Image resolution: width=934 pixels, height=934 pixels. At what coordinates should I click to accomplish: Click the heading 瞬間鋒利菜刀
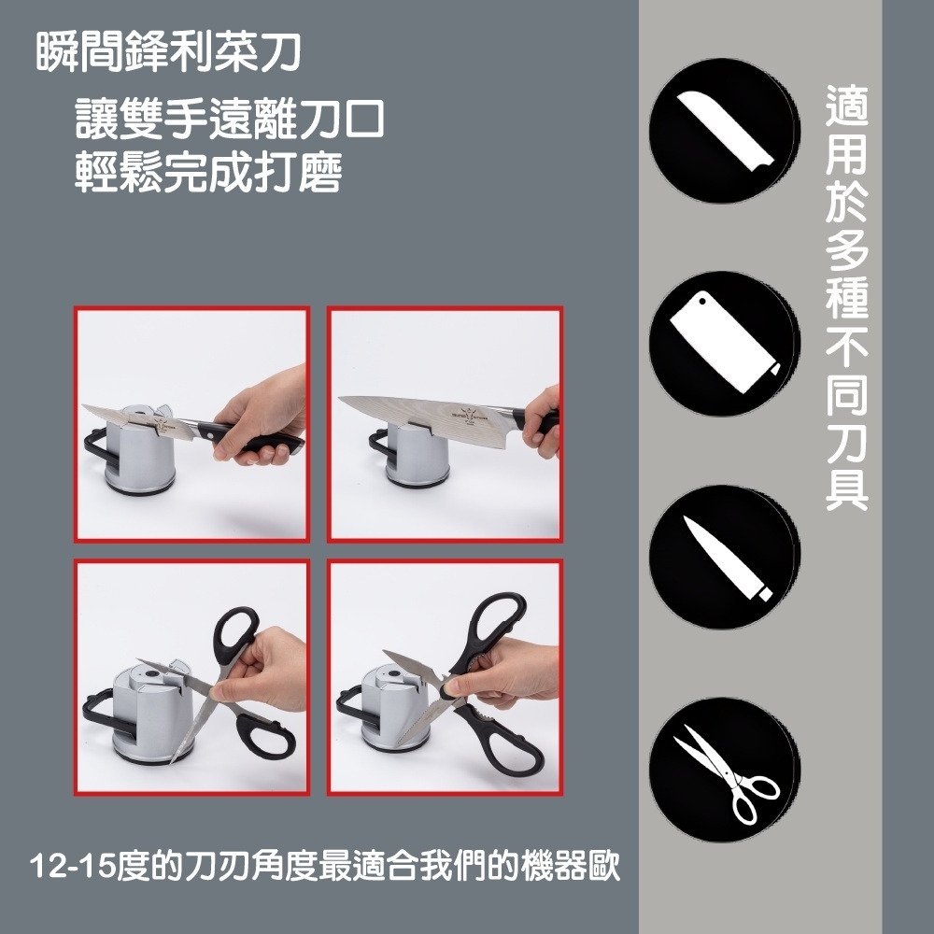pyautogui.click(x=168, y=52)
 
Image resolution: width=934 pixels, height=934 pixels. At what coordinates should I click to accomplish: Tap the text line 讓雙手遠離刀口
pyautogui.click(x=230, y=120)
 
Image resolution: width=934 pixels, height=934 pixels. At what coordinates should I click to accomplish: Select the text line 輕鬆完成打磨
pyautogui.click(x=208, y=172)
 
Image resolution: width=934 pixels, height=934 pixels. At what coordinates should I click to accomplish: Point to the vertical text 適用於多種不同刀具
pyautogui.click(x=846, y=298)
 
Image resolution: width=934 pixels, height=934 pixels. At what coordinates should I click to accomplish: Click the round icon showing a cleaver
pyautogui.click(x=725, y=344)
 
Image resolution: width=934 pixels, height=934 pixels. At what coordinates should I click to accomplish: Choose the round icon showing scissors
pyautogui.click(x=725, y=770)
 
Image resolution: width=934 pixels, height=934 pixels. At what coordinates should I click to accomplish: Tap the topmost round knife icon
pyautogui.click(x=725, y=131)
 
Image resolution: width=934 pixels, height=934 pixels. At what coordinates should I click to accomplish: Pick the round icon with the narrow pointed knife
pyautogui.click(x=725, y=557)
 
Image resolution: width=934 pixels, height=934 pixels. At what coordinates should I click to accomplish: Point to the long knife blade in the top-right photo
pyautogui.click(x=426, y=410)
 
